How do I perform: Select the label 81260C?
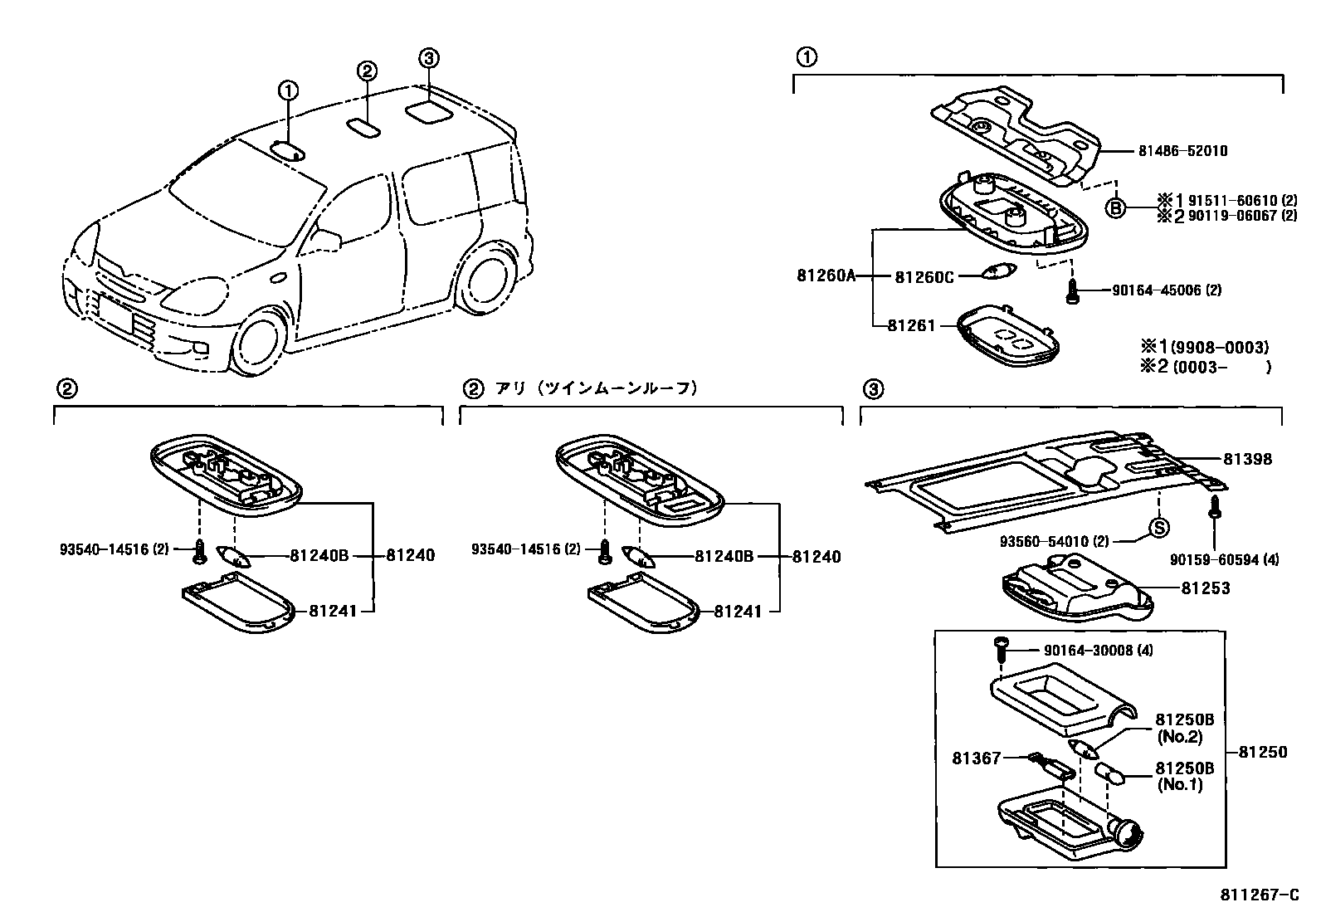[x=924, y=277]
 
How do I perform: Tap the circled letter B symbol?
[x=1117, y=208]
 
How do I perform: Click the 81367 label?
[x=977, y=757]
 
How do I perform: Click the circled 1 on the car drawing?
[x=287, y=90]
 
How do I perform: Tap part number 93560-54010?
[x=1054, y=542]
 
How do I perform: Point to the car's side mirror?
[x=328, y=239]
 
